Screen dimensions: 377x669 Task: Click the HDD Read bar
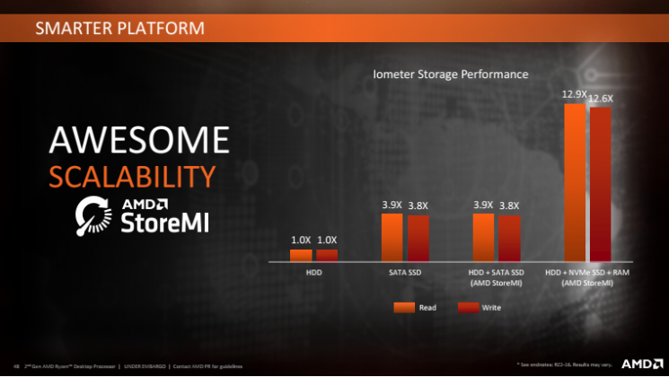[301, 255]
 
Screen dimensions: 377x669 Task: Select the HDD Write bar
[327, 255]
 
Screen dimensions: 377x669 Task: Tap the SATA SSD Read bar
[392, 237]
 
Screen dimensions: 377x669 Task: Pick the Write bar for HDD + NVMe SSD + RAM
[600, 184]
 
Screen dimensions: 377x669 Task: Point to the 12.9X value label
[574, 93]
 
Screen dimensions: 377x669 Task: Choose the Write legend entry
[480, 307]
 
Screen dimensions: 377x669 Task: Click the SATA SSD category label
[404, 272]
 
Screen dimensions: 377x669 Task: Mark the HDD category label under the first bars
[313, 272]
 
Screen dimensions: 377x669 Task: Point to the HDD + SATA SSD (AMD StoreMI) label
[496, 276]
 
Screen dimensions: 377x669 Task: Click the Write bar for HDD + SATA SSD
[509, 238]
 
